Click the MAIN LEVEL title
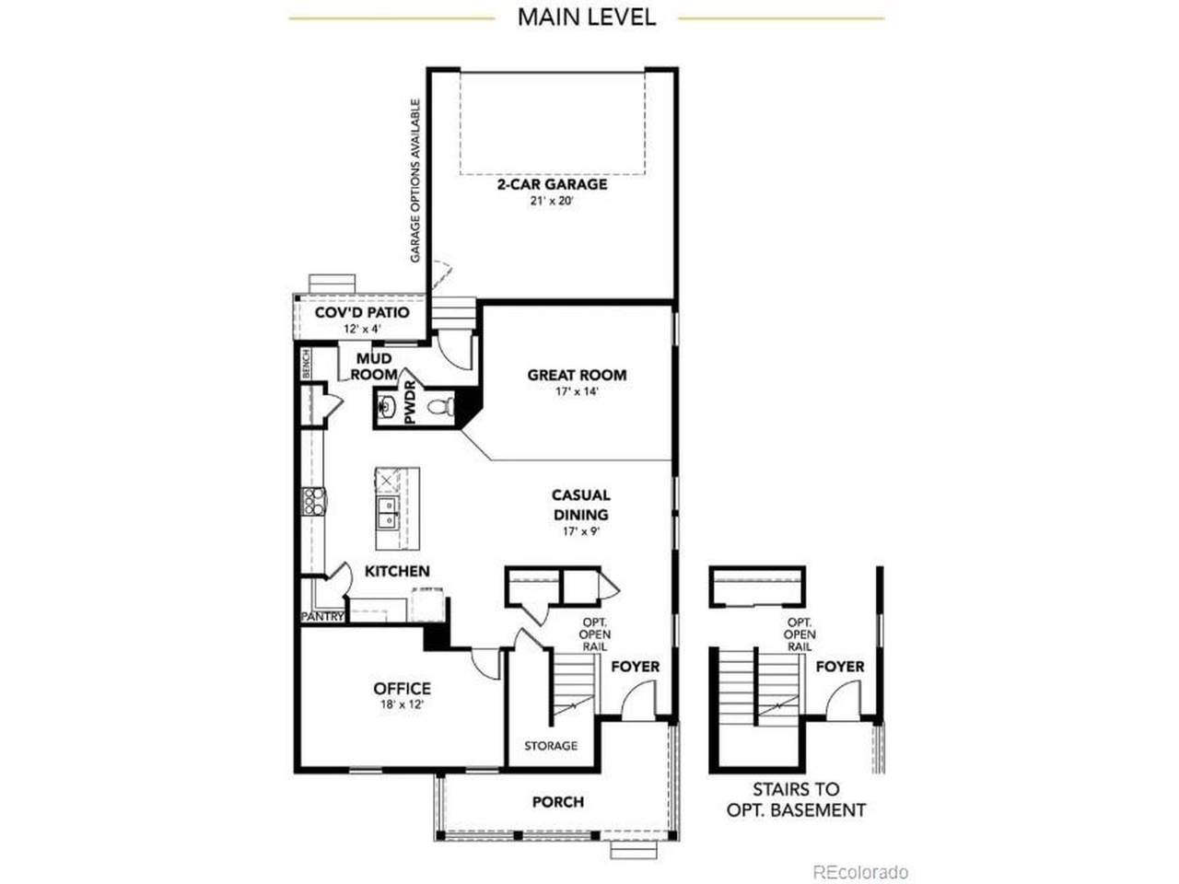tap(586, 17)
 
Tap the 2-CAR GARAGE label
tap(552, 184)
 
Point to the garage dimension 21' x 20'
tap(552, 202)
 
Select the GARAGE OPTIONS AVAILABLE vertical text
tap(414, 180)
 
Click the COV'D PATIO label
tap(362, 312)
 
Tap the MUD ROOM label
tap(374, 366)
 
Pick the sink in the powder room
tap(386, 407)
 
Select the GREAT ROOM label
tap(577, 375)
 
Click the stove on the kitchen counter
tap(313, 501)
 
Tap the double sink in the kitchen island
tap(388, 513)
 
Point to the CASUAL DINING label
tap(580, 505)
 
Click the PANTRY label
tap(322, 617)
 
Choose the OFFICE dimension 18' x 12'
tap(402, 704)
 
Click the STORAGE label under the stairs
tap(551, 746)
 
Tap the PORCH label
tap(557, 802)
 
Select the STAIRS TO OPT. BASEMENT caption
tap(796, 799)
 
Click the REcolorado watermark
tap(860, 872)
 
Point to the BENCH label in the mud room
tap(306, 364)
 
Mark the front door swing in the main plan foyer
tap(639, 698)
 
